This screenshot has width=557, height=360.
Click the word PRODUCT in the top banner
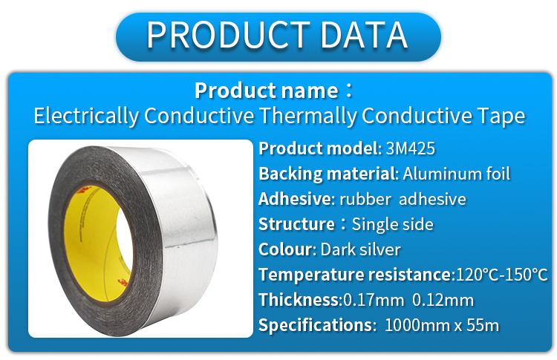pos(229,35)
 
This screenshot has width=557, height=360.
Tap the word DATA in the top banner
pos(364,35)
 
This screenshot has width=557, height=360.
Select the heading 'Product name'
pos(267,91)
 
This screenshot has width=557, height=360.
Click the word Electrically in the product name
pos(86,116)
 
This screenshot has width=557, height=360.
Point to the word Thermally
pos(307,116)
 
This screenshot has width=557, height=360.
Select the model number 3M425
pos(410,148)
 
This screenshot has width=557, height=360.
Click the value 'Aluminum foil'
pos(457,174)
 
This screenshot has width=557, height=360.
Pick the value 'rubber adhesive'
pos(403,199)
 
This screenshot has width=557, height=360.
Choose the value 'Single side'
pos(393,224)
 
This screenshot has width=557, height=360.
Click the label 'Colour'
pos(286,249)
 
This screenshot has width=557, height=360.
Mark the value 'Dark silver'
pos(360,249)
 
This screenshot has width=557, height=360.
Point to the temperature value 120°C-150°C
pos(501,275)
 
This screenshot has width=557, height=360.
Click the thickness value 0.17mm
pos(374,300)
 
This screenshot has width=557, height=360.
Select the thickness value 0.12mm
pos(443,300)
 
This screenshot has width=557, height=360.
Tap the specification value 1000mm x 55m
pos(442,325)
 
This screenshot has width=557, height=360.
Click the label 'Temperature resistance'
pos(355,275)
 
